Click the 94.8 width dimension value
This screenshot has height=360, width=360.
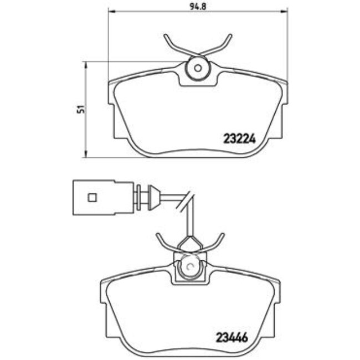[198, 6]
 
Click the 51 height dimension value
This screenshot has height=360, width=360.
[81, 109]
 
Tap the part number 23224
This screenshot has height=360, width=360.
[239, 138]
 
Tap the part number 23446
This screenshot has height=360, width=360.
[232, 337]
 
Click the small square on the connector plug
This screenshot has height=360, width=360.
[92, 197]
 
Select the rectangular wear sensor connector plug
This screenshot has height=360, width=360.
[103, 198]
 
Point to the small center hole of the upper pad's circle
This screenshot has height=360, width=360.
[198, 68]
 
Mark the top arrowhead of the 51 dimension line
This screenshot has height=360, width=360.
[86, 65]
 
